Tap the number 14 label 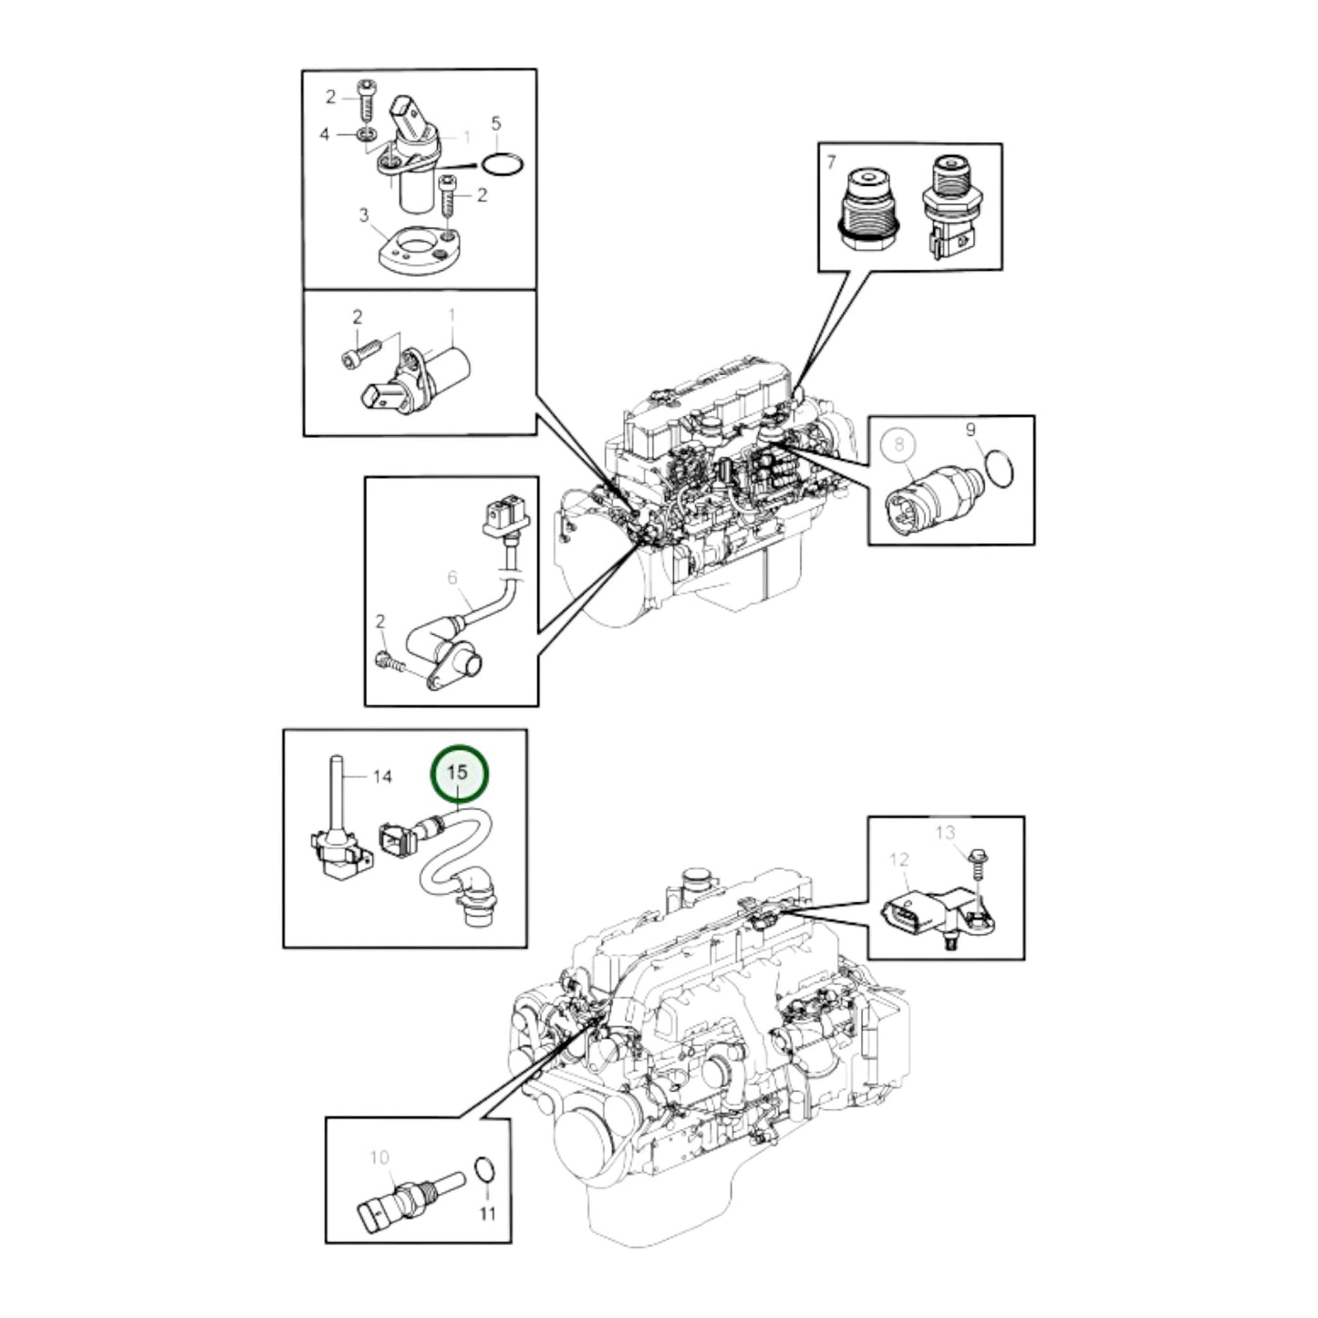[x=382, y=776]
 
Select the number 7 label [x=830, y=162]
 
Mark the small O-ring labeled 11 [x=485, y=1169]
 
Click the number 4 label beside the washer [x=325, y=135]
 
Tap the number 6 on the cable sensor [x=452, y=577]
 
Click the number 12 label [x=899, y=859]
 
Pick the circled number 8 [x=899, y=444]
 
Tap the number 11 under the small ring [x=488, y=1214]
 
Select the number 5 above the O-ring [x=496, y=122]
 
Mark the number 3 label [x=363, y=215]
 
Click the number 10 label [x=379, y=1157]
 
